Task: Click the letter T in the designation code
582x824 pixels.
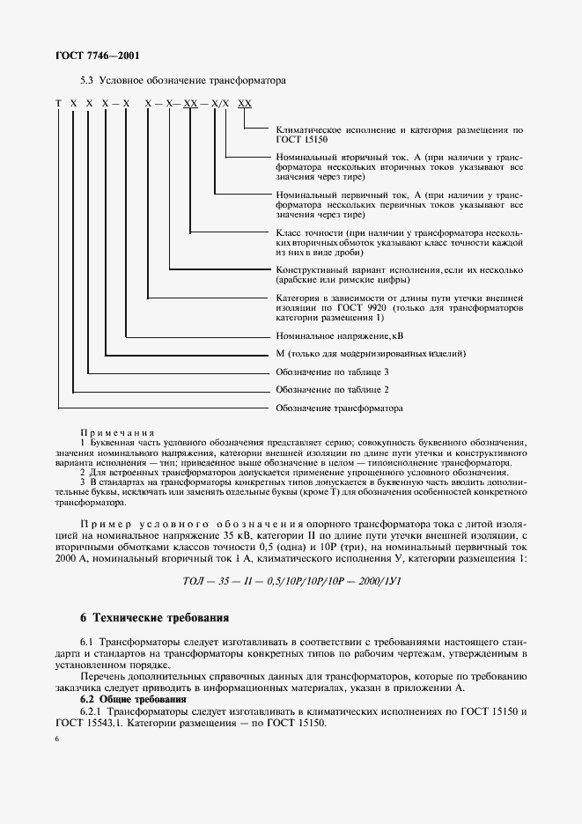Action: point(58,104)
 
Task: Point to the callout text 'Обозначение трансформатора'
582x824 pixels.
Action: point(339,408)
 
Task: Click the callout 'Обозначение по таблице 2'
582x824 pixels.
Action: point(332,389)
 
